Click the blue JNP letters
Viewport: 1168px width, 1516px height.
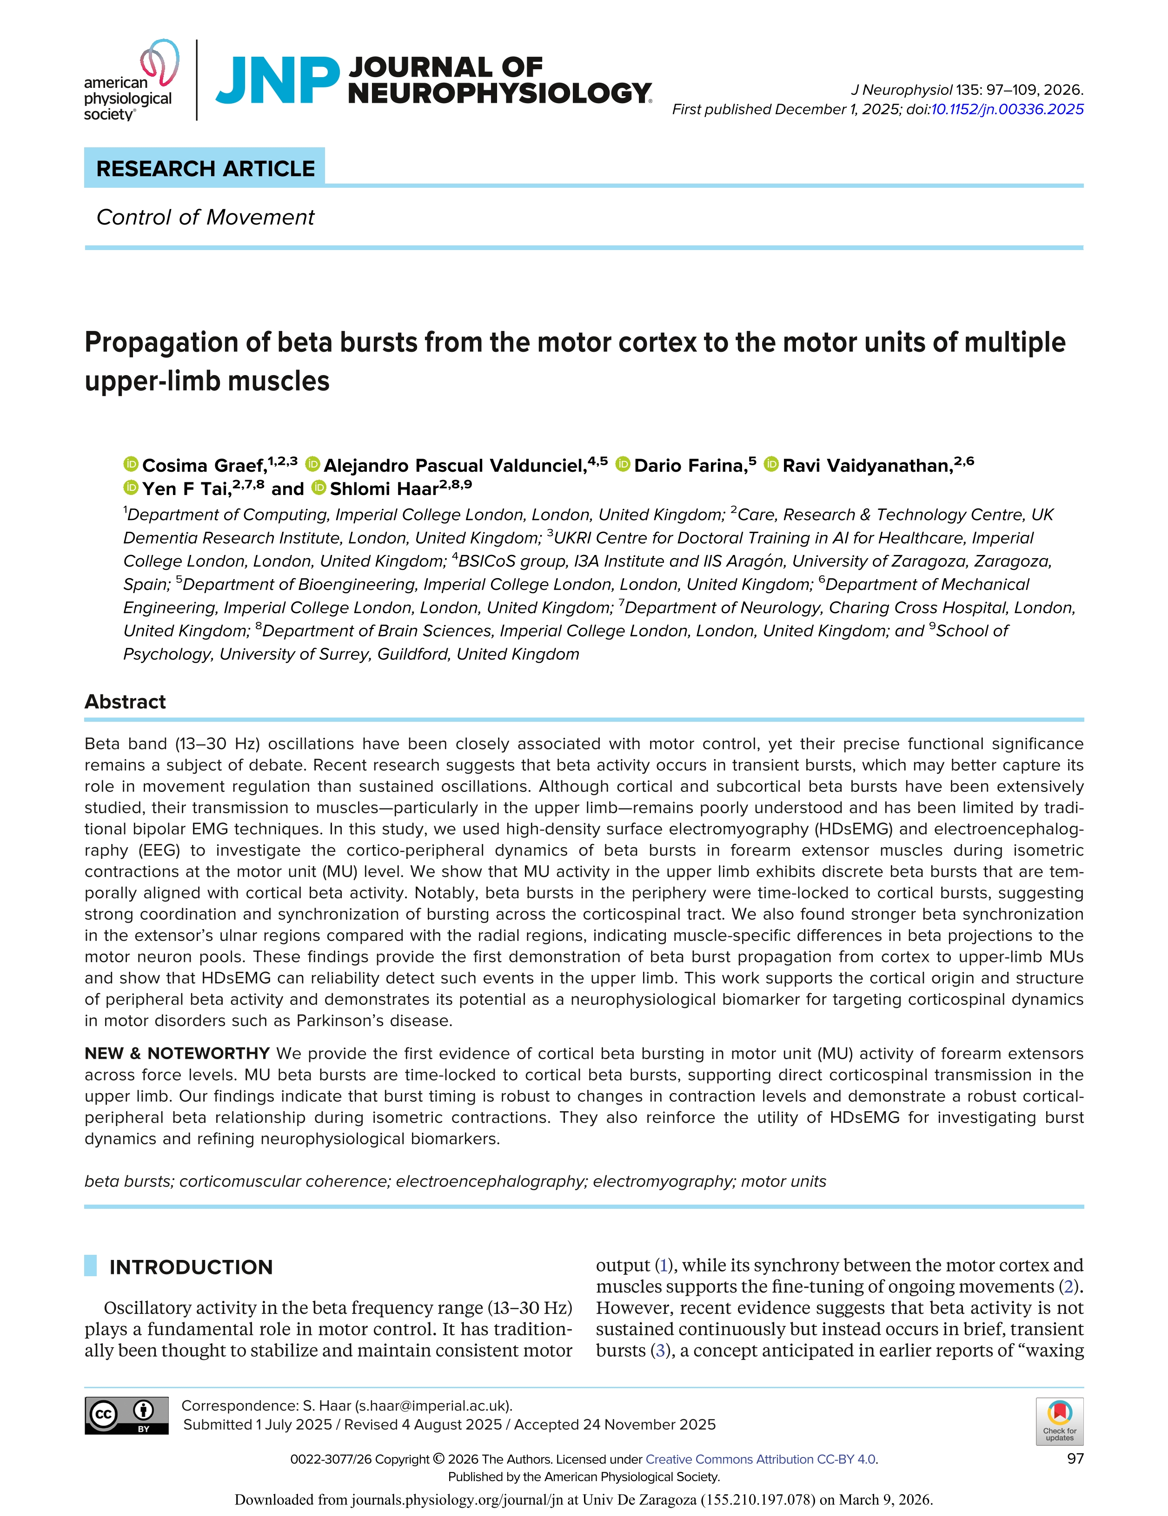click(x=278, y=80)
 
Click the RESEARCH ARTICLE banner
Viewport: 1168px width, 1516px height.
click(x=205, y=169)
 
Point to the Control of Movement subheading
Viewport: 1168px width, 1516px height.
click(x=205, y=217)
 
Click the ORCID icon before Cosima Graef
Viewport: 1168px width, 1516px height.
click(x=131, y=464)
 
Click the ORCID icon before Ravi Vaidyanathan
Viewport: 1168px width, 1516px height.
click(x=771, y=464)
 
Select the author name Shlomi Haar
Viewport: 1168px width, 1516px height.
click(x=384, y=488)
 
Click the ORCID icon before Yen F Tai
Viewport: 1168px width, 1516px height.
click(x=131, y=487)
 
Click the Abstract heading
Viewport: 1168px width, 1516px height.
click(x=125, y=702)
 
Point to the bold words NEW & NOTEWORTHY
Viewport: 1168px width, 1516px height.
click(x=177, y=1054)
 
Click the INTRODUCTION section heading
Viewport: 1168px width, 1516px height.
click(x=191, y=1267)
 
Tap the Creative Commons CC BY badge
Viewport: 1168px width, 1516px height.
click(x=126, y=1415)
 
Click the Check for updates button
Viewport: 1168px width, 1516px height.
click(x=1059, y=1420)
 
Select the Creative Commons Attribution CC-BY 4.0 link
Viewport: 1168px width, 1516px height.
click(x=760, y=1459)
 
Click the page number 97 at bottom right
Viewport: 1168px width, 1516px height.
click(x=1075, y=1458)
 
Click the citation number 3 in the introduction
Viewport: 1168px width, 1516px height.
click(x=660, y=1350)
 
